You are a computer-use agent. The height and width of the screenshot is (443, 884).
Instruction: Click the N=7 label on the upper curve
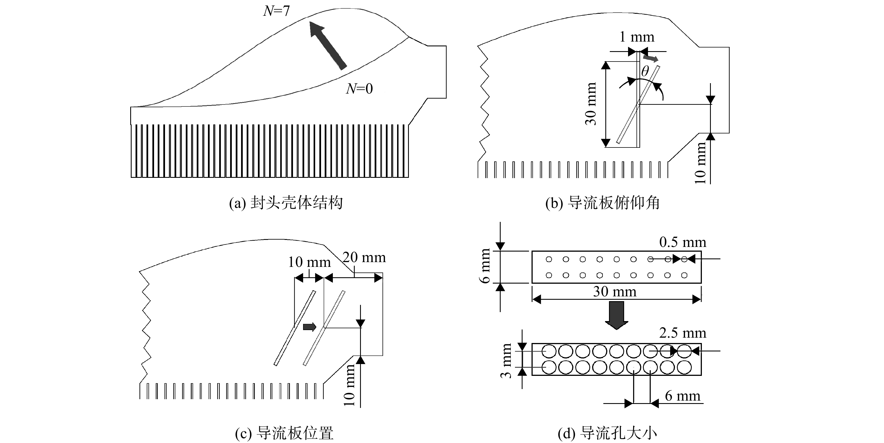276,11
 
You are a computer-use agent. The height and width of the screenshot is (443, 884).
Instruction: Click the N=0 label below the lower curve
359,88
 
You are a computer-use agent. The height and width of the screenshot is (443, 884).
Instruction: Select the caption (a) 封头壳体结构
286,203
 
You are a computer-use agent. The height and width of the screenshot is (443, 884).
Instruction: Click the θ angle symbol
645,71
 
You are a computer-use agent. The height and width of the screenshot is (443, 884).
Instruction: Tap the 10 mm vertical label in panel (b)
700,163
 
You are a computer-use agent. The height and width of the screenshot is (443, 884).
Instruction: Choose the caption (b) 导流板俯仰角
603,203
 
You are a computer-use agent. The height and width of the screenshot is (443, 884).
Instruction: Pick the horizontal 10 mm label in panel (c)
309,262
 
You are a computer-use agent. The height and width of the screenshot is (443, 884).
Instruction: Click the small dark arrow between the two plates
310,327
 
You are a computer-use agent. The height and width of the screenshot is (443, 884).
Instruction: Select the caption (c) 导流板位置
284,433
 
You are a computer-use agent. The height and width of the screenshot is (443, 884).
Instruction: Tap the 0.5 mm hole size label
683,242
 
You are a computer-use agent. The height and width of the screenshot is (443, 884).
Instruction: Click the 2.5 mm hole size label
683,333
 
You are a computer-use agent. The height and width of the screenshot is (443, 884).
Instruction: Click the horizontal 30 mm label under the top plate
615,292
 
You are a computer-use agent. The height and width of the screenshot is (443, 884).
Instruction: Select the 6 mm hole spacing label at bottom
683,396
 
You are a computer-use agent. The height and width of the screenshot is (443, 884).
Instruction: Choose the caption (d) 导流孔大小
607,433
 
